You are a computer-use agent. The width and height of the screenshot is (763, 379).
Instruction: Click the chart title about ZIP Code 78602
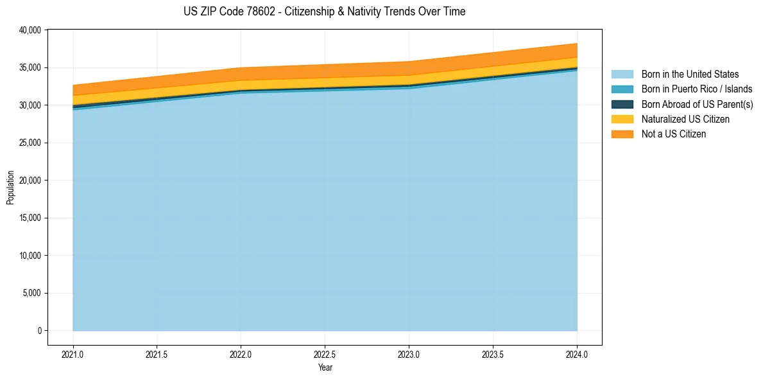pos(324,12)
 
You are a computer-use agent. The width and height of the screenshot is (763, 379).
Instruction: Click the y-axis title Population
pos(10,188)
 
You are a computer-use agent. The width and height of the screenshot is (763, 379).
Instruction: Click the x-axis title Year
pos(325,367)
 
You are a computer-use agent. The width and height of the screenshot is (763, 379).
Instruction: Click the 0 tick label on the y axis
pos(39,331)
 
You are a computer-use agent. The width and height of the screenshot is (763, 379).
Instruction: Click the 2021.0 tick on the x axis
pos(73,354)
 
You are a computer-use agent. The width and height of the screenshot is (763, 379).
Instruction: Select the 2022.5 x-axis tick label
pos(325,354)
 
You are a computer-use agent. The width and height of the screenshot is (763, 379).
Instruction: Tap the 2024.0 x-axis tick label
pos(577,354)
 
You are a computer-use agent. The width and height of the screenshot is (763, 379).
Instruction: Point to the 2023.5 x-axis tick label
pos(493,354)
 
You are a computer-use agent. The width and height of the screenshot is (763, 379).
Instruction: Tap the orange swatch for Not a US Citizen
pos(622,134)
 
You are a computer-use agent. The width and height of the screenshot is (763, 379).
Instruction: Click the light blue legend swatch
pos(622,75)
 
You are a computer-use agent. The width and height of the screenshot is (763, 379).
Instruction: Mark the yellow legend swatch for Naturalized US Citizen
pos(622,119)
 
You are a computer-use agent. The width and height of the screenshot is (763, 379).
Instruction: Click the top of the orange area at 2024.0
pos(577,44)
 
